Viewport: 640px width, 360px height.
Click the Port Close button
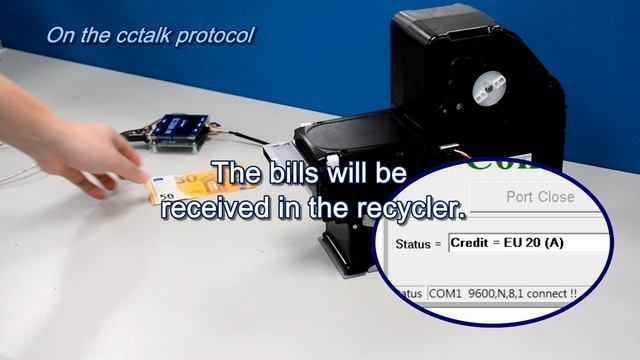click(540, 197)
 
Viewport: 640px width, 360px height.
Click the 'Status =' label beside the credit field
click(414, 243)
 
